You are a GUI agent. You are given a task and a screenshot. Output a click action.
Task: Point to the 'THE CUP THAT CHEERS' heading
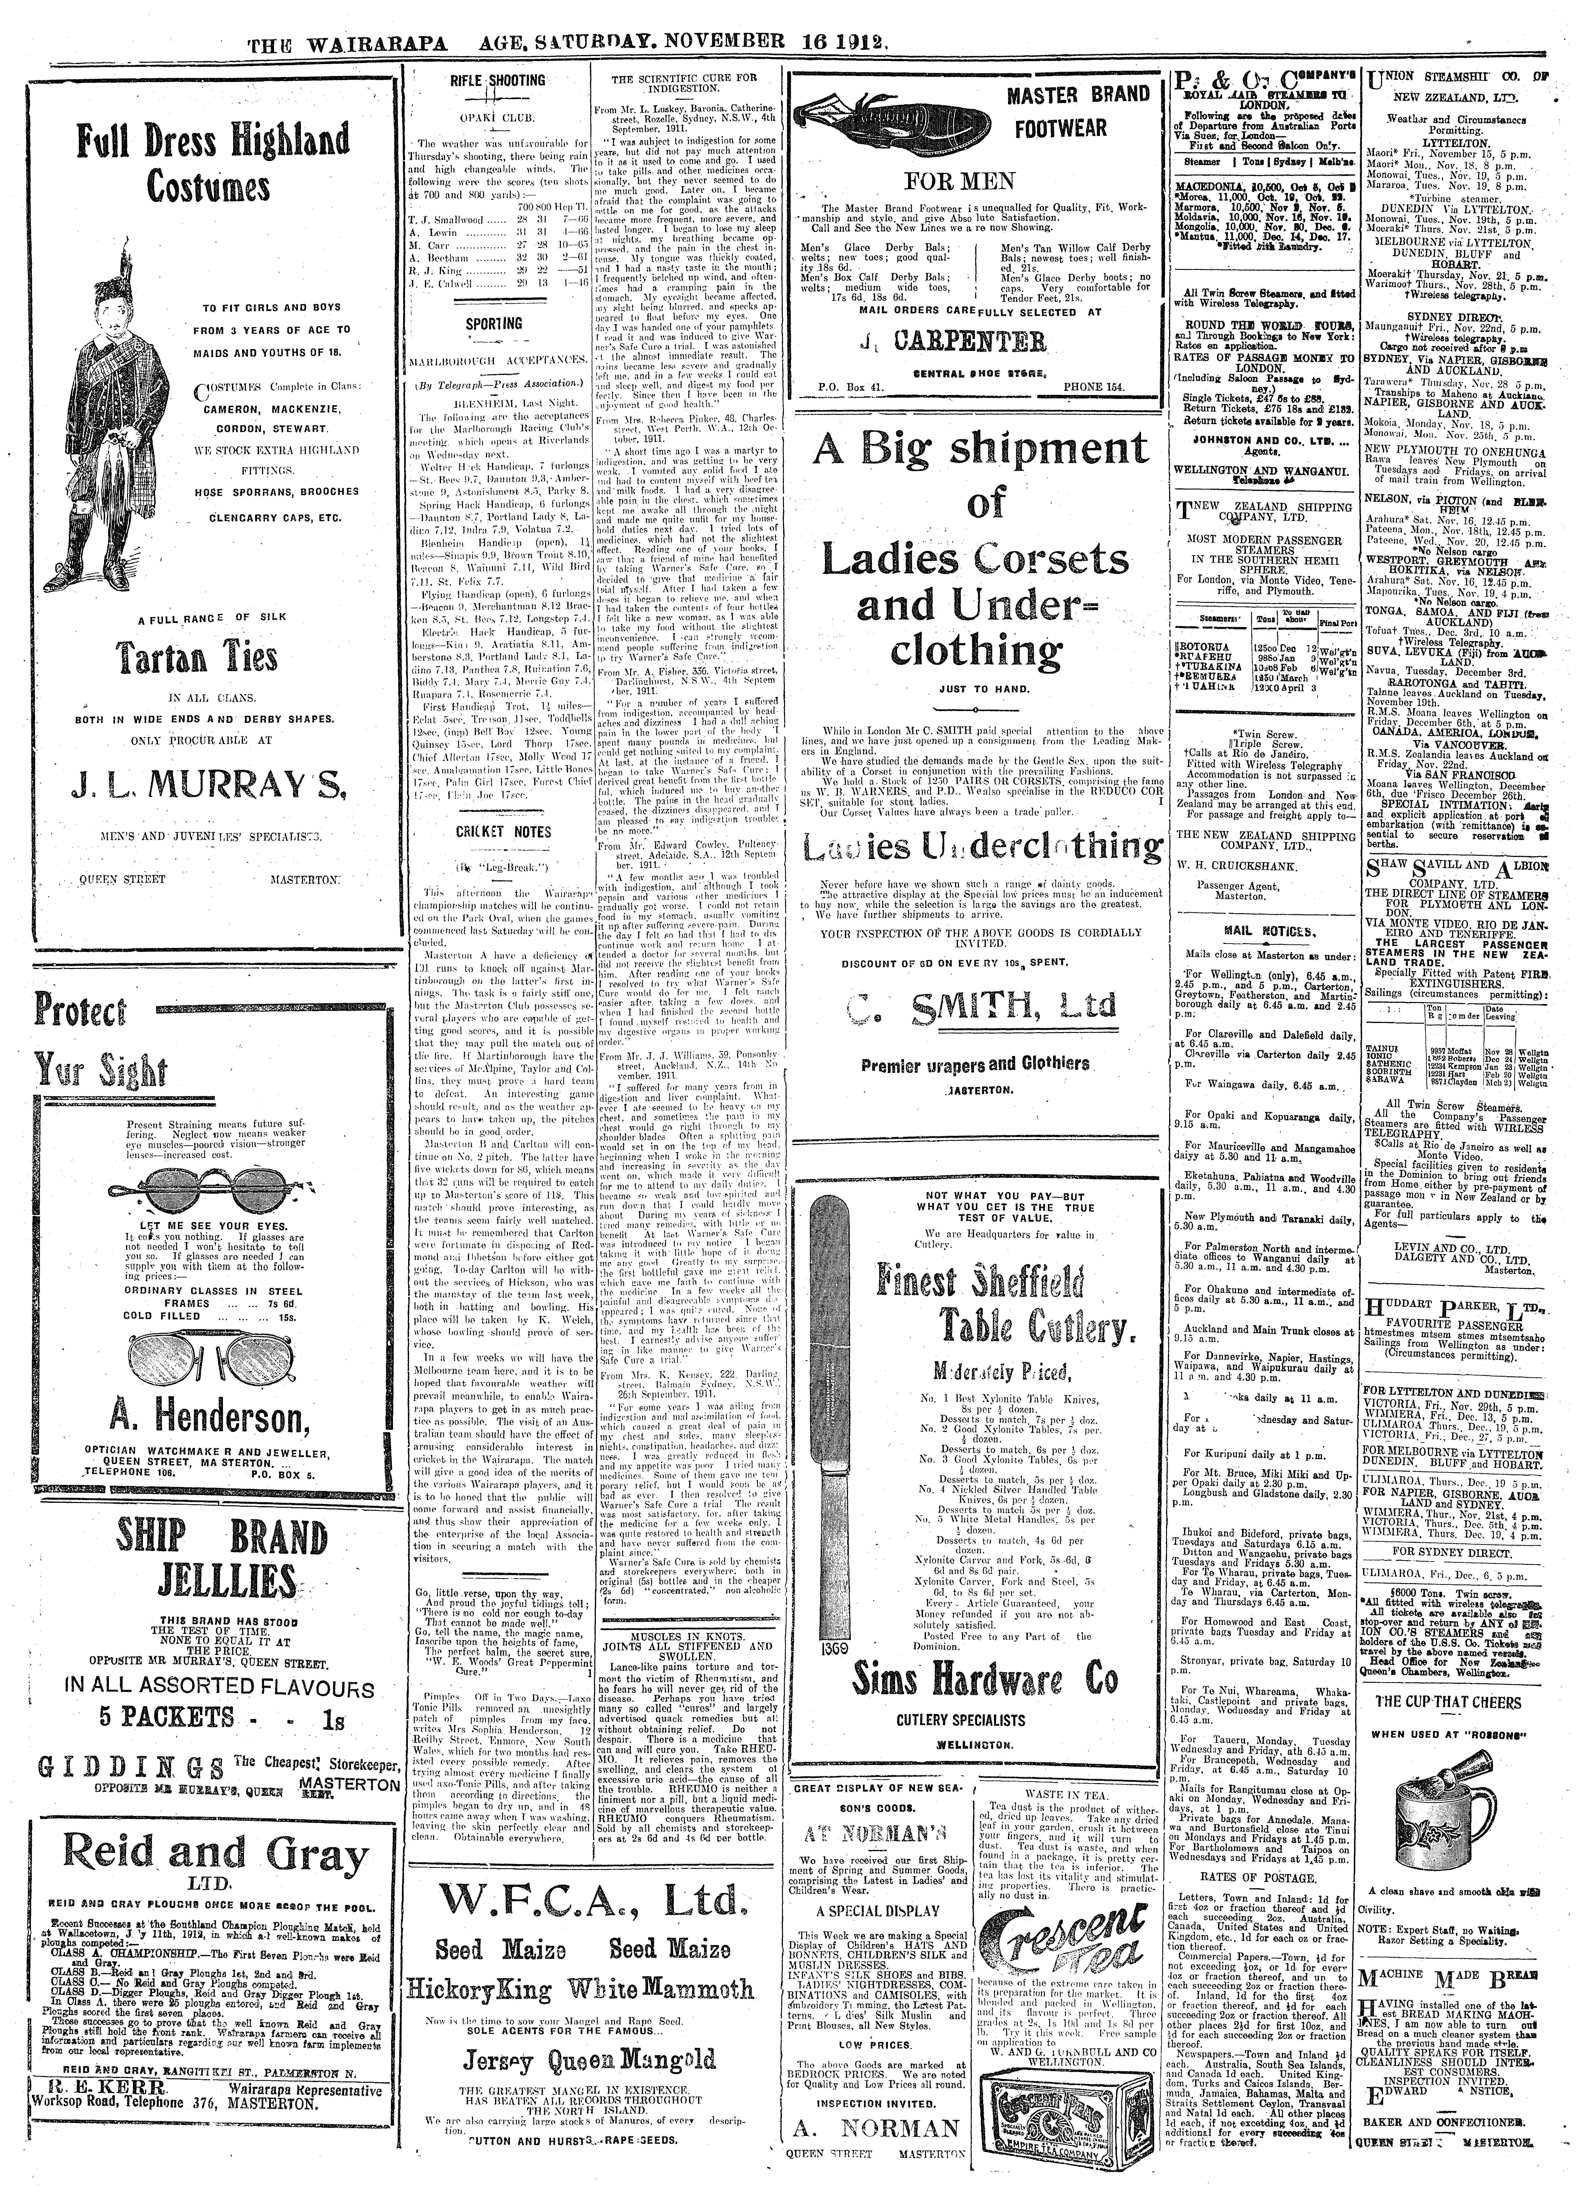coord(1448,1702)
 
